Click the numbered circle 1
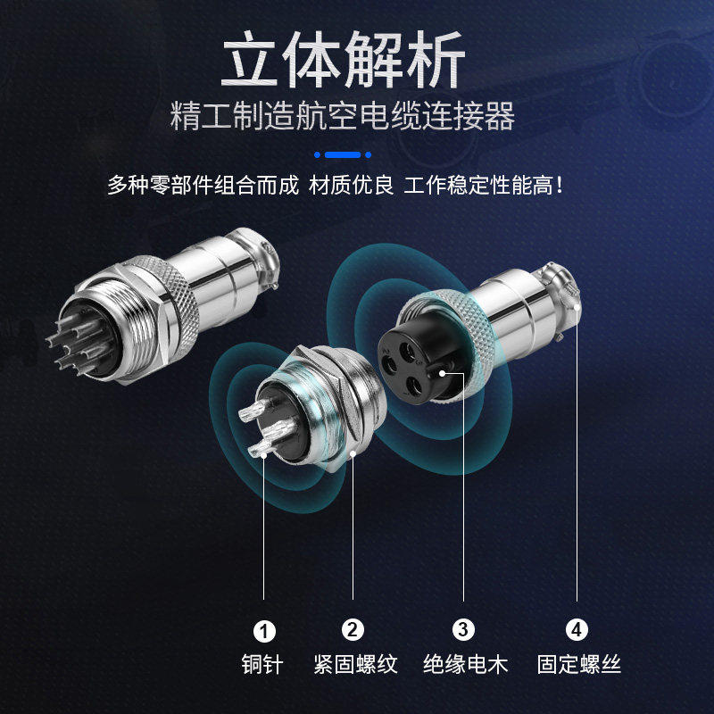pyautogui.click(x=264, y=631)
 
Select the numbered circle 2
pyautogui.click(x=353, y=630)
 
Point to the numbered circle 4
pyautogui.click(x=577, y=630)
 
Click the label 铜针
pyautogui.click(x=264, y=664)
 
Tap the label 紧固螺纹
pyautogui.click(x=353, y=664)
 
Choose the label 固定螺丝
pyautogui.click(x=578, y=664)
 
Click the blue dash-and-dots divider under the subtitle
pyautogui.click(x=343, y=154)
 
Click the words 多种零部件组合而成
pyautogui.click(x=203, y=186)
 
